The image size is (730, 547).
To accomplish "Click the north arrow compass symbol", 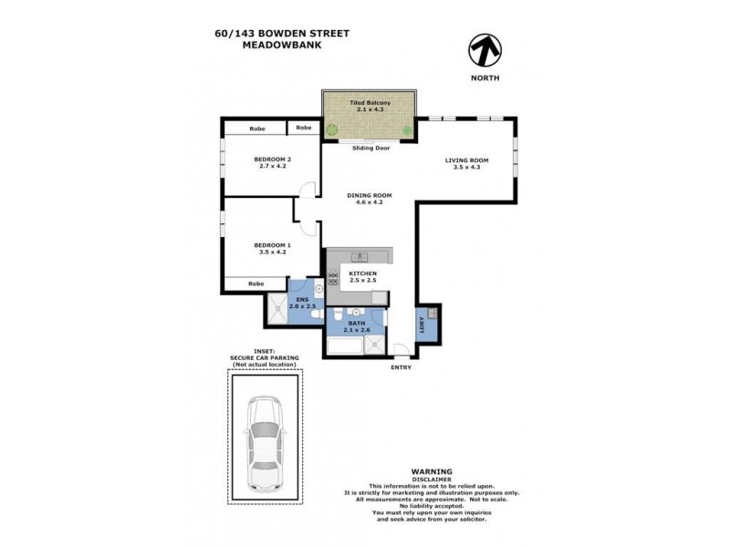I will point(484,49).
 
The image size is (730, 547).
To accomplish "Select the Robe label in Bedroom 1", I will point(256,284).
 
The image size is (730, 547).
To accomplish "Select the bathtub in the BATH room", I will point(342,346).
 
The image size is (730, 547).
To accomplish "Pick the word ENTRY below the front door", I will point(401,367).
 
